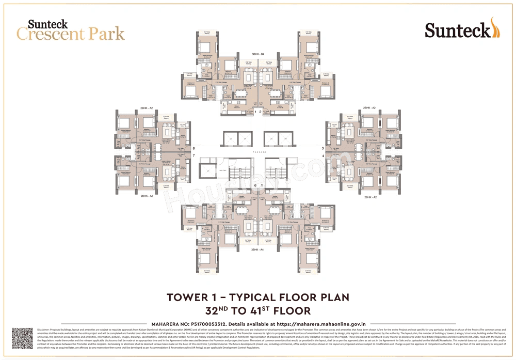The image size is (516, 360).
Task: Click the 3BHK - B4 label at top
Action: point(258,54)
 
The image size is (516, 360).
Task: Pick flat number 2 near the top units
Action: point(261,112)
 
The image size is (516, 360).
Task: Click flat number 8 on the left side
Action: point(193,149)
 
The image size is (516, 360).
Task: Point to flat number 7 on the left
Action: point(193,155)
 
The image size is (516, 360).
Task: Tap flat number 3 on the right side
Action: point(323,149)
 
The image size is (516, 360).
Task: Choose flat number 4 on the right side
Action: point(323,155)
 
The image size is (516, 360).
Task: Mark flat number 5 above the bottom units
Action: point(262,184)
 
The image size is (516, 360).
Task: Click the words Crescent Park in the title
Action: point(71,34)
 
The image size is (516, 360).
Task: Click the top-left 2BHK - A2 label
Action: point(147,108)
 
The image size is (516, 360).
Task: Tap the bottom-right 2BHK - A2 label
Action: point(369,197)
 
